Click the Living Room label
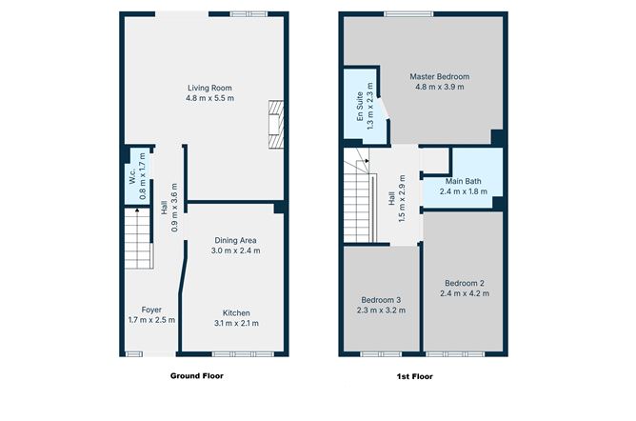(209, 88)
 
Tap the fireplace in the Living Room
(275, 124)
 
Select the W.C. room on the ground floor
(131, 176)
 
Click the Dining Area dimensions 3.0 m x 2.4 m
(235, 251)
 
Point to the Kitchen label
(237, 312)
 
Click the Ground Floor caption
(197, 375)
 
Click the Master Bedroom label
(439, 76)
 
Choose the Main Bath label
(463, 181)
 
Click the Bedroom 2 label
(466, 283)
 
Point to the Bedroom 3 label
(381, 299)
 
